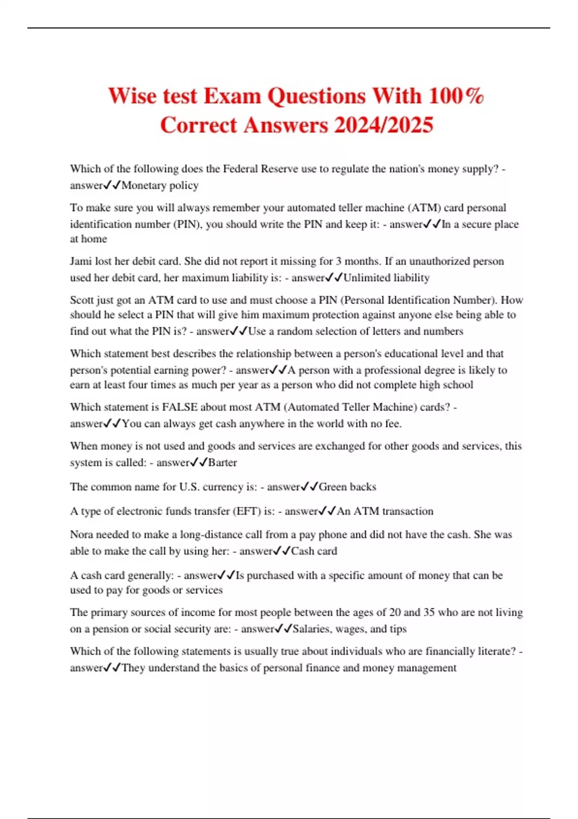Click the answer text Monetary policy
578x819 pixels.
(160, 185)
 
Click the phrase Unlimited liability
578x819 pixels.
(386, 277)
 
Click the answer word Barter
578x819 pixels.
(223, 462)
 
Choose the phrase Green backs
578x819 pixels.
(347, 487)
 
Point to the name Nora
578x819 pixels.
(81, 534)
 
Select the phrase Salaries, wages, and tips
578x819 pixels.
(350, 629)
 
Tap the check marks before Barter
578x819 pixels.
(199, 462)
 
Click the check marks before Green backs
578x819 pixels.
(310, 487)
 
